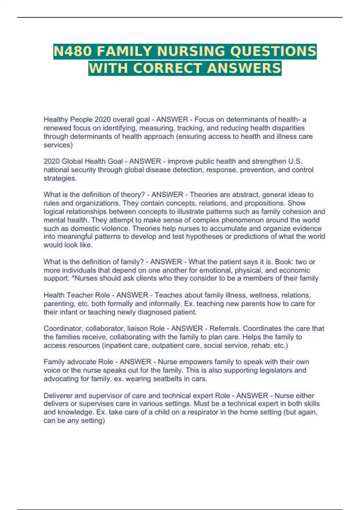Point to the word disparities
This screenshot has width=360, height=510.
click(287, 128)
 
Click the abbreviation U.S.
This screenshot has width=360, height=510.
click(295, 161)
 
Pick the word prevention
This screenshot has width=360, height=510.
click(258, 170)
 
